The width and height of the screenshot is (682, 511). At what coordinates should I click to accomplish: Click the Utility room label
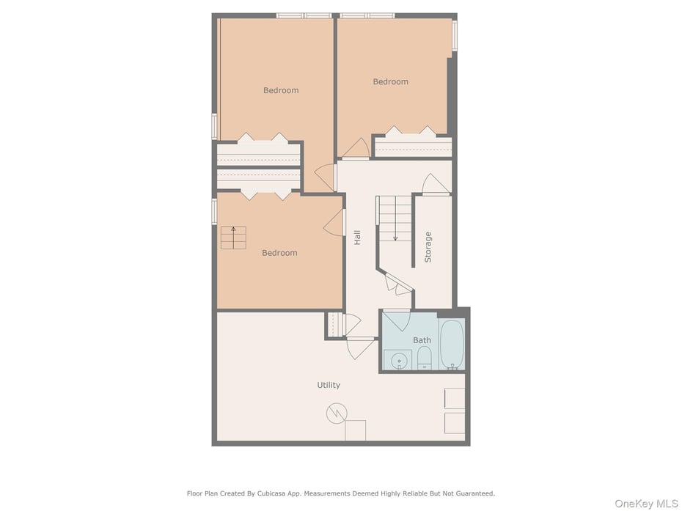pos(329,385)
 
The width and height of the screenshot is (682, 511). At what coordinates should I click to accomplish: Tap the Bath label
pos(422,340)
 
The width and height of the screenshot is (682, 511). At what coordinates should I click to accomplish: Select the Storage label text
pos(428,247)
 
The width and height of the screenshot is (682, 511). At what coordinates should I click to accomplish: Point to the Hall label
pos(357,238)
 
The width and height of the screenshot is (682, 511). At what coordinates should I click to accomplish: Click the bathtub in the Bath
pos(452,345)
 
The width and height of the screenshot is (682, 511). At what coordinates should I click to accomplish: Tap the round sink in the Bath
pos(399,361)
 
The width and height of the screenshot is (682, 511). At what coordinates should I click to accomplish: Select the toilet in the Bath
pos(424,358)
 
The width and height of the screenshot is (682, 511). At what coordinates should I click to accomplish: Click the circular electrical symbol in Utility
pos(337,413)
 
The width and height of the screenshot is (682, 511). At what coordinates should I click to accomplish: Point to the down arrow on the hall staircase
pos(395,230)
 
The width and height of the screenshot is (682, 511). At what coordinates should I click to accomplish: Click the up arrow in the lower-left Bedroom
pos(234,237)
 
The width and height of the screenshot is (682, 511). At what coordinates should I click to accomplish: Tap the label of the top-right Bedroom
pos(391,82)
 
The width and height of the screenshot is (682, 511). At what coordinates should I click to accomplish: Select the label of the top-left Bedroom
pos(281,90)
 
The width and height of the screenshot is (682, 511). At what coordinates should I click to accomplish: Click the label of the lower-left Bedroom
pos(279,253)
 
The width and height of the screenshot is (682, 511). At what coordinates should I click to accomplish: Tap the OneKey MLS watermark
pos(646,504)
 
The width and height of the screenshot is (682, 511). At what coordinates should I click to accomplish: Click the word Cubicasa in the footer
pos(271,493)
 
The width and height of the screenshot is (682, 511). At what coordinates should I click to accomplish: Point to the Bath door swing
pos(397,320)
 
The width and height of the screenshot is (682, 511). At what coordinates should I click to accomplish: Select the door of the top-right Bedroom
pos(356,148)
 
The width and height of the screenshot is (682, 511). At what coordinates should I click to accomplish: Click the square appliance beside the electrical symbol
pos(356,430)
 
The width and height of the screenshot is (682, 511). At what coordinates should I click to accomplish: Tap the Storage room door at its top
pos(436,185)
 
